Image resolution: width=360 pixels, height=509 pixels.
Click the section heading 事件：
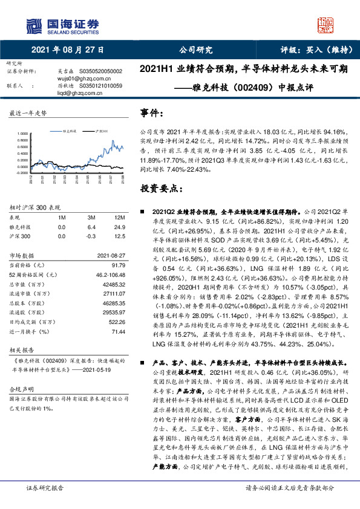coord(152,113)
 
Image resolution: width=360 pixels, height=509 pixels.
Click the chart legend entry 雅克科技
coord(71,130)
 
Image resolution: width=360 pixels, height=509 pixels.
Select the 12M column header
coord(118,217)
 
